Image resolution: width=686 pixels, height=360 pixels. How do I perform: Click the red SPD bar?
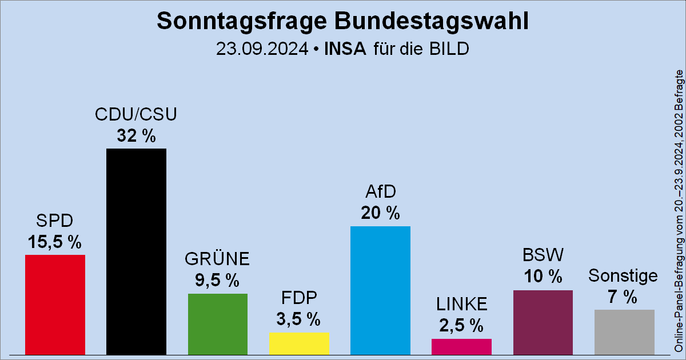pyautogui.click(x=55, y=305)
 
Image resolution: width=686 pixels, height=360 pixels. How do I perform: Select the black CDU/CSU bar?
pyautogui.click(x=136, y=251)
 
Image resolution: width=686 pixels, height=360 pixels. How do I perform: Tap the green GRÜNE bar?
pyautogui.click(x=217, y=323)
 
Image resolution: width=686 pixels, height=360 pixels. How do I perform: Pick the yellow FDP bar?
pyautogui.click(x=298, y=343)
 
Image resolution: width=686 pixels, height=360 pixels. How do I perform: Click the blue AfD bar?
pyautogui.click(x=380, y=290)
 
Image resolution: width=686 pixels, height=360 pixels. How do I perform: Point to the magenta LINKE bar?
pyautogui.click(x=461, y=346)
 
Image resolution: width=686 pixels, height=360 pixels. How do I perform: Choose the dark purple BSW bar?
pyautogui.click(x=543, y=322)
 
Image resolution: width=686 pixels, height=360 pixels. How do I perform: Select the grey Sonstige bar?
pyautogui.click(x=624, y=332)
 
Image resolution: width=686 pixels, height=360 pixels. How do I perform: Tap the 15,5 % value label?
pyautogui.click(x=55, y=242)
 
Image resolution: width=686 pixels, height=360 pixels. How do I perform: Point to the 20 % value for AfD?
pyautogui.click(x=380, y=213)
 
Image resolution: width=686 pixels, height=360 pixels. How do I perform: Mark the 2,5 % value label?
pyautogui.click(x=461, y=326)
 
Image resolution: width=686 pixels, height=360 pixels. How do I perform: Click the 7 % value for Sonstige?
pyautogui.click(x=623, y=297)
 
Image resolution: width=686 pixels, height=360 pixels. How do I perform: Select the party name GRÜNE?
pyautogui.click(x=217, y=259)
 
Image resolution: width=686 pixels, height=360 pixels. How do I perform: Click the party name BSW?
pyautogui.click(x=543, y=254)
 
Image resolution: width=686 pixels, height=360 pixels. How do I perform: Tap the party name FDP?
pyautogui.click(x=298, y=298)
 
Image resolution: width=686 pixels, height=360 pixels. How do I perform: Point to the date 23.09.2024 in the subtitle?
pyautogui.click(x=262, y=49)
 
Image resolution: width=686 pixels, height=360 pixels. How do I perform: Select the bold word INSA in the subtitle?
pyautogui.click(x=345, y=49)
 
